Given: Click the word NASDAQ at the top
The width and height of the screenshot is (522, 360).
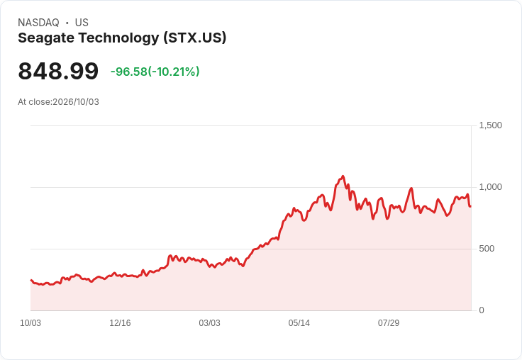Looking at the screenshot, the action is click(x=38, y=23).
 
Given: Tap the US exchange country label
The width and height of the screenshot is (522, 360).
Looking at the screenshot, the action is click(x=82, y=23).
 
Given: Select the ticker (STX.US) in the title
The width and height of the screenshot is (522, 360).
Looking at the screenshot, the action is click(x=195, y=38).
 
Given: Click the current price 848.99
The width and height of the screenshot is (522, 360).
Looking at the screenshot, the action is click(x=58, y=71).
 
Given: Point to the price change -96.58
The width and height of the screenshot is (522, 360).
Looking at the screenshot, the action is click(x=129, y=72).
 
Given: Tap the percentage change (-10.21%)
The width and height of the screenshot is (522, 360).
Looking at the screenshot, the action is click(x=174, y=72).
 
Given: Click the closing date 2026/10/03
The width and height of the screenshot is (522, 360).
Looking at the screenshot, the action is click(x=76, y=102).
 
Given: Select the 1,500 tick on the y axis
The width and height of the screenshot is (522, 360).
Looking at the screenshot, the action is click(x=490, y=125).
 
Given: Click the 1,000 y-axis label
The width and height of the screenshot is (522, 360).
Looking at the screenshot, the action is click(x=490, y=187).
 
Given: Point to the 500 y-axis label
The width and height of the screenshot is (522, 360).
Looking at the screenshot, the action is click(x=487, y=249).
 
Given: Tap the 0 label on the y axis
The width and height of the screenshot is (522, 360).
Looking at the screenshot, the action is click(x=482, y=310).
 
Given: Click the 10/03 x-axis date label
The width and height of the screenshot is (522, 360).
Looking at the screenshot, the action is click(x=30, y=323).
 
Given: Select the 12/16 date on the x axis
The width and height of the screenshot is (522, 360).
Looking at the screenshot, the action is click(x=120, y=323).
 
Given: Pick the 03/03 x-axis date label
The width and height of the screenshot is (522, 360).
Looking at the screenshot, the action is click(x=210, y=323).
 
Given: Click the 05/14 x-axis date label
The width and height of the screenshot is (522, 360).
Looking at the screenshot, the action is click(x=299, y=323).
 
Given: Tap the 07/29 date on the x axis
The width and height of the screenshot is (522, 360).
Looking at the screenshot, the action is click(x=389, y=323).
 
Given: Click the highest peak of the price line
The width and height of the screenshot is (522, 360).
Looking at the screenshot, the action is click(x=343, y=176).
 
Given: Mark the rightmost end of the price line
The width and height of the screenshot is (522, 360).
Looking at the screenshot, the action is click(x=470, y=206).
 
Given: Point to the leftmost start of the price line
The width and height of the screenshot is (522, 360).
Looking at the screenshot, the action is click(x=31, y=280).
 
